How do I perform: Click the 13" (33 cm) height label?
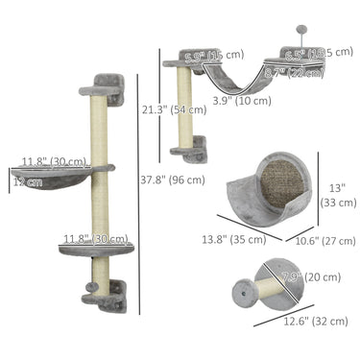click(337, 196)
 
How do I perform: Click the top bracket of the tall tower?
click(102, 92)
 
